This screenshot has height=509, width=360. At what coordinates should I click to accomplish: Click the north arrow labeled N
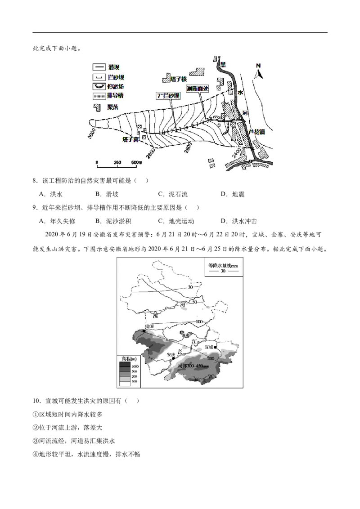point(258,71)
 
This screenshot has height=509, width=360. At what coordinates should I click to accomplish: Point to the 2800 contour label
point(150,152)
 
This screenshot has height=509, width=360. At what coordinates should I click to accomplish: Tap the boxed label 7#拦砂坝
point(167,96)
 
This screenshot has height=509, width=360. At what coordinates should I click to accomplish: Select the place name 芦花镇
point(256,133)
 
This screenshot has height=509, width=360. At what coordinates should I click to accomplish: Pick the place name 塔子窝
point(130,140)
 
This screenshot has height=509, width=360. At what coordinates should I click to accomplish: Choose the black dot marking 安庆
point(173,359)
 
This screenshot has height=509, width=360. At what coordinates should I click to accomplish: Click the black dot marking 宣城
point(216,348)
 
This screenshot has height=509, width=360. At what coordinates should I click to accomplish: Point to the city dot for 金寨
point(144,331)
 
